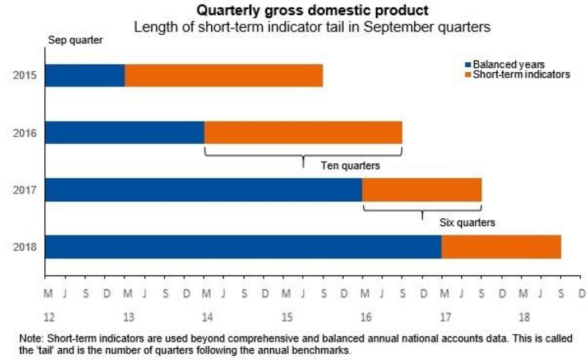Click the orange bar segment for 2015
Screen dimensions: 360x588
224,76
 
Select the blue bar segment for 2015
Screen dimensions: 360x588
85,76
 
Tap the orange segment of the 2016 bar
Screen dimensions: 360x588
303,133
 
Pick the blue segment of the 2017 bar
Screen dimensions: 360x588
203,190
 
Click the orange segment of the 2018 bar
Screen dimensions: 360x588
501,247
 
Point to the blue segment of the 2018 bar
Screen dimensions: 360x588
243,247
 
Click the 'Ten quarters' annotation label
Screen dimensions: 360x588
350,166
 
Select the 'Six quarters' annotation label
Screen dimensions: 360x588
467,223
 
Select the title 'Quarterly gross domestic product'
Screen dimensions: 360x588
307,10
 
